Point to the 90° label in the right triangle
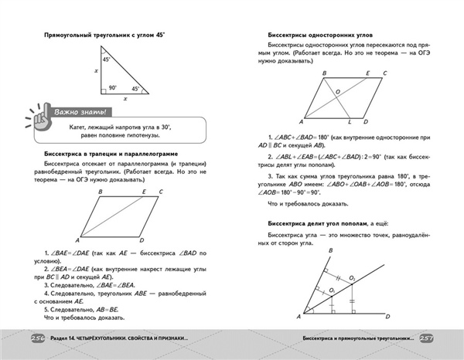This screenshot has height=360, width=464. point(113,87)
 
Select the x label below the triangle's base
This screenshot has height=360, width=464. point(125,100)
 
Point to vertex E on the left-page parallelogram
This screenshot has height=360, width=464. point(145,191)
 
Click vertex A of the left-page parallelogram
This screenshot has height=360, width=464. point(78,239)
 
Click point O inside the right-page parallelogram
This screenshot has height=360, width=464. point(338,91)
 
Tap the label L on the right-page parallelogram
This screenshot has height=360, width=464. point(350,122)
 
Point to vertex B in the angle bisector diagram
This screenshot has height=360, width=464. point(330,251)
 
